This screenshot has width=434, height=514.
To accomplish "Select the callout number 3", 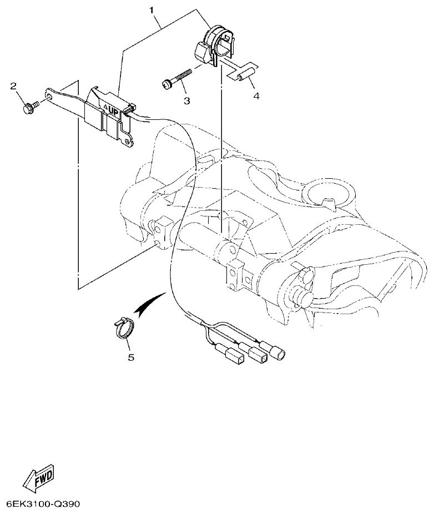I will pyautogui.click(x=187, y=100).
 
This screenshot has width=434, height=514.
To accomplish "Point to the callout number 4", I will pyautogui.click(x=256, y=96).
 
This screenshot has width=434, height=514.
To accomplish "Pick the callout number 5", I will pyautogui.click(x=131, y=357).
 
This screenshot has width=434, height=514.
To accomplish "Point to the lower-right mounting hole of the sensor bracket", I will pyautogui.click(x=128, y=143).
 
